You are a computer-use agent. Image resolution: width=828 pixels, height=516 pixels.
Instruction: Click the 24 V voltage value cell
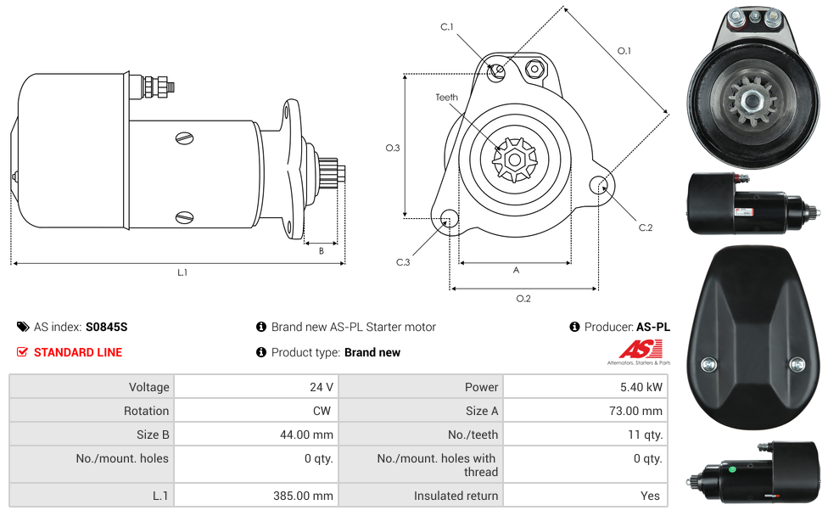[321, 387]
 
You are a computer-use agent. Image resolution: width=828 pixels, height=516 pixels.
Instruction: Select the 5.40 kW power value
[641, 387]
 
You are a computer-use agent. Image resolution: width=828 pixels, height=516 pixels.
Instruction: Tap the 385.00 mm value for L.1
[303, 496]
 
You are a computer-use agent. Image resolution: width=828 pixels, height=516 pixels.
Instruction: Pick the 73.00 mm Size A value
[635, 411]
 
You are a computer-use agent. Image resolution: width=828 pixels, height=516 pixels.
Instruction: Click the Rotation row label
[146, 411]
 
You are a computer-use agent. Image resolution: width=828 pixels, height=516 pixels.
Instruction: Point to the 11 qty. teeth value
[646, 435]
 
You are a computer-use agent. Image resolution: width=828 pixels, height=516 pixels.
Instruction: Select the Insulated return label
[456, 496]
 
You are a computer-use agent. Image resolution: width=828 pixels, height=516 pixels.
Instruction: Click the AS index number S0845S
[107, 327]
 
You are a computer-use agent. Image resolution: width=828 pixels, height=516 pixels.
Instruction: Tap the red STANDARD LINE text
[78, 352]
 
